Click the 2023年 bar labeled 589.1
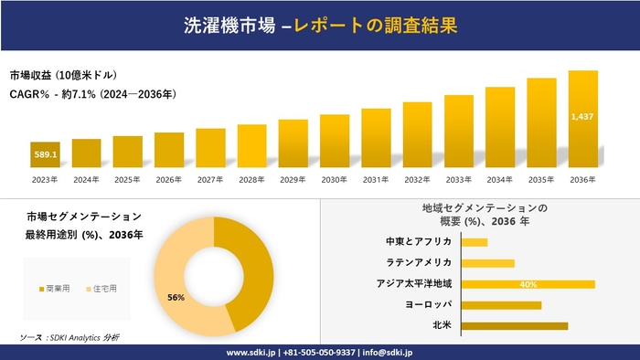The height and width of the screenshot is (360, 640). [45, 154]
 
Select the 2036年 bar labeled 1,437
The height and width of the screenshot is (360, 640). [583, 119]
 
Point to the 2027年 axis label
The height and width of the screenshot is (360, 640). [210, 180]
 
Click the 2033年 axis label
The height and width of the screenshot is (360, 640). [459, 180]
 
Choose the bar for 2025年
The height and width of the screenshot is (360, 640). [127, 152]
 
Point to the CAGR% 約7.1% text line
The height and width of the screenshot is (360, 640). [92, 94]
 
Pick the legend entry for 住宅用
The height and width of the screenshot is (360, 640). [101, 289]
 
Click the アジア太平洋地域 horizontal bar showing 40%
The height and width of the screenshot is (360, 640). [528, 284]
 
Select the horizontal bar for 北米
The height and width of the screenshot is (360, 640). [515, 325]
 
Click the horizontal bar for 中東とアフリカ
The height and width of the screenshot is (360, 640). [475, 242]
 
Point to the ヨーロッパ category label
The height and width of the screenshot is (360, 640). [428, 304]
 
